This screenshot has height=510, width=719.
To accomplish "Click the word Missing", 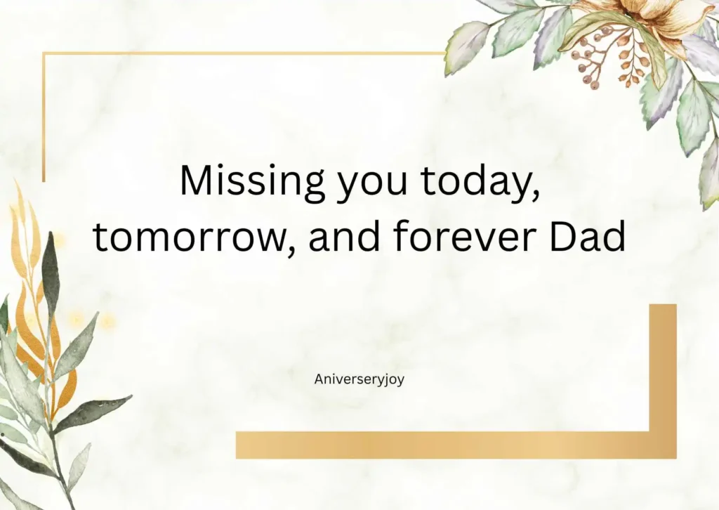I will point(252,182).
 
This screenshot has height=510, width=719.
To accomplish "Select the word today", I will point(480,182).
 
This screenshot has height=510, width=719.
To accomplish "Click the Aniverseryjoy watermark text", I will point(359,379).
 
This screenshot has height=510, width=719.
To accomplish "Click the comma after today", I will point(536,195).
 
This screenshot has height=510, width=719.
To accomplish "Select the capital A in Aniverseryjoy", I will point(319,379).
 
